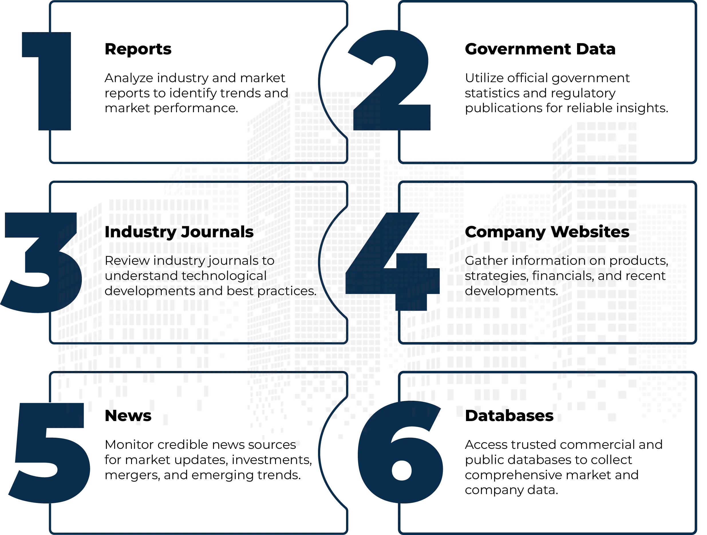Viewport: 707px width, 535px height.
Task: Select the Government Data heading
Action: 540,49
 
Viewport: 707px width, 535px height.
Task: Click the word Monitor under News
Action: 129,445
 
